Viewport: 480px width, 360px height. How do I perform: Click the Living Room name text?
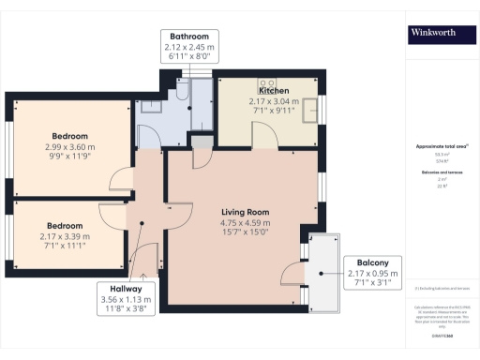click(246, 212)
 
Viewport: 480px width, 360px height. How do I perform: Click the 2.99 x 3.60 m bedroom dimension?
click(70, 146)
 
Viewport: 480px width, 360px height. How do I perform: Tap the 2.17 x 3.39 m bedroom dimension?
click(65, 236)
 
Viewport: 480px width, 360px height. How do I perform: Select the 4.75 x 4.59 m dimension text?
click(246, 223)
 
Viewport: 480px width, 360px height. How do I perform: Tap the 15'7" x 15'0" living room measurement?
click(246, 233)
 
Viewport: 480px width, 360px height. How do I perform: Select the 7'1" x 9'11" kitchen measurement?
click(272, 110)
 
